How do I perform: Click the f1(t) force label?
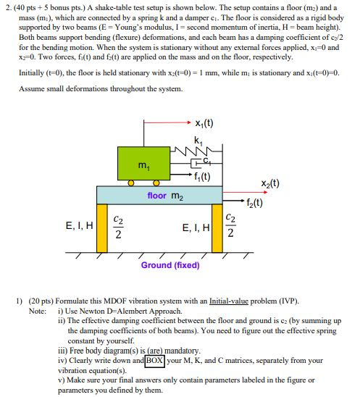click(202, 176)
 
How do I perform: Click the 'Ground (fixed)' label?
click(170, 265)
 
